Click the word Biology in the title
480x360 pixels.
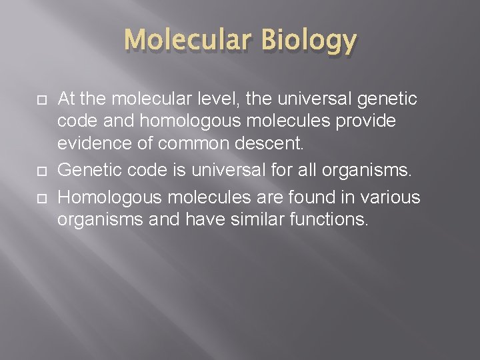click(x=308, y=41)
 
